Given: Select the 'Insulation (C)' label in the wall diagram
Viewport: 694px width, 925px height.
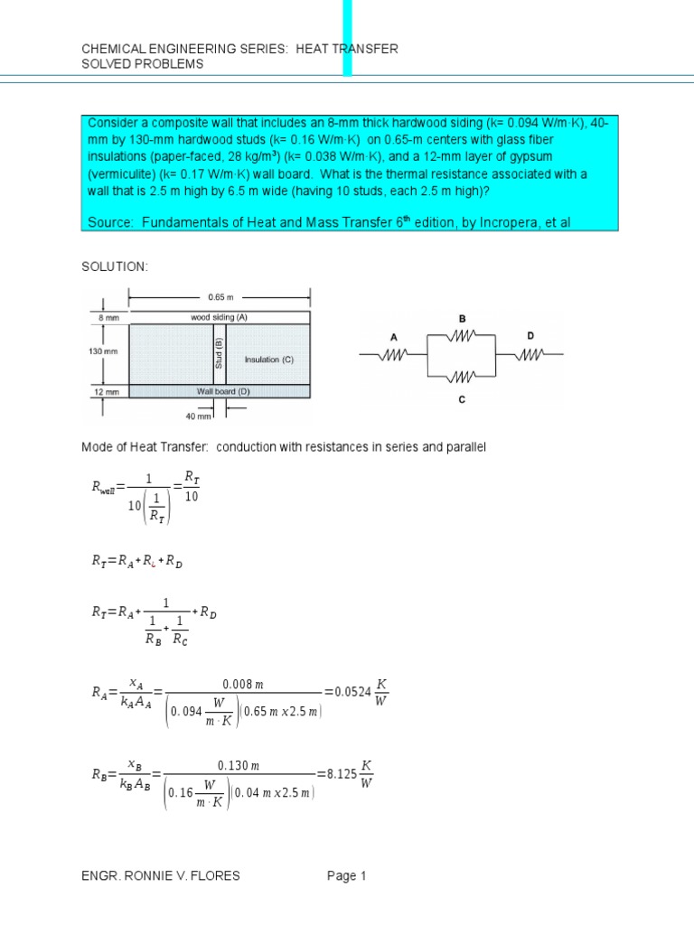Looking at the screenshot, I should [x=269, y=359].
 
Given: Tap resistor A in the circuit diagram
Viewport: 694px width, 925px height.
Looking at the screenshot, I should [x=393, y=355].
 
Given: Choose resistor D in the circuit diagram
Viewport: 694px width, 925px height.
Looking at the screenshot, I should [x=530, y=355].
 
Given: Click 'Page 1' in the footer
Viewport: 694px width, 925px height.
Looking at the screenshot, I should [x=347, y=875].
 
